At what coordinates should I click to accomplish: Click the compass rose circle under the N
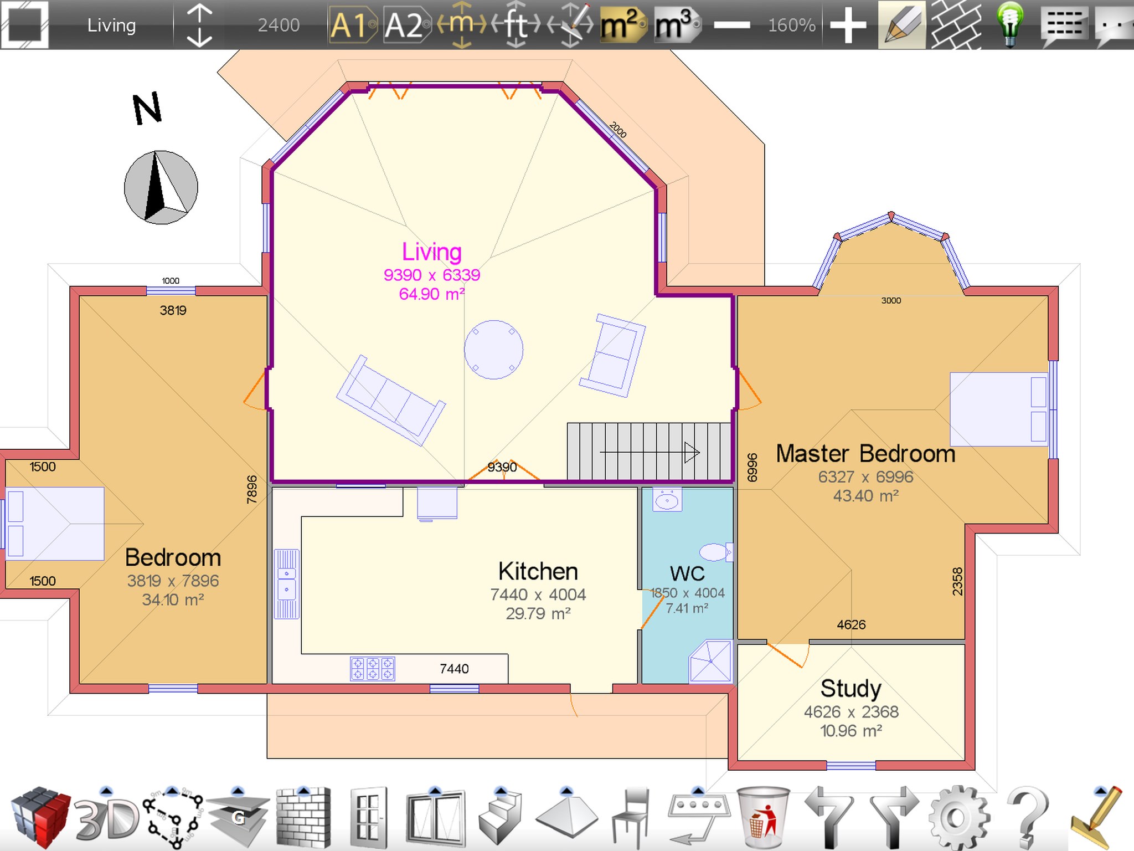pos(161,187)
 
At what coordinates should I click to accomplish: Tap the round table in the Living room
pos(493,350)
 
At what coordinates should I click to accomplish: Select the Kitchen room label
pos(538,571)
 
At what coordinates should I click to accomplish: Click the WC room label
pos(687,573)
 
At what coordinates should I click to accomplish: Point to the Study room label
pos(851,689)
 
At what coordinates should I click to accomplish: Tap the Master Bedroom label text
pos(866,454)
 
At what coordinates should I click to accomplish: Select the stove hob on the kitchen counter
pos(373,668)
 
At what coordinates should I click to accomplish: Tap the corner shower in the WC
pos(711,662)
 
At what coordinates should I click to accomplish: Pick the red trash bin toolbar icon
pos(763,817)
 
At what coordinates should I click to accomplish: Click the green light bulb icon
pos(1011,24)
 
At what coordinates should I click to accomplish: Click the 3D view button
pos(107,819)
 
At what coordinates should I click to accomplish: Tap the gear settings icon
pos(958,818)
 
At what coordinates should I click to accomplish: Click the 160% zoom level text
pos(792,25)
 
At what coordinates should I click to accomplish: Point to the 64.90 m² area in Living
pos(432,294)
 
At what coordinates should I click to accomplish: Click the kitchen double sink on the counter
pos(287,584)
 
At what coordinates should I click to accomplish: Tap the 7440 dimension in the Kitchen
pos(454,669)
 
